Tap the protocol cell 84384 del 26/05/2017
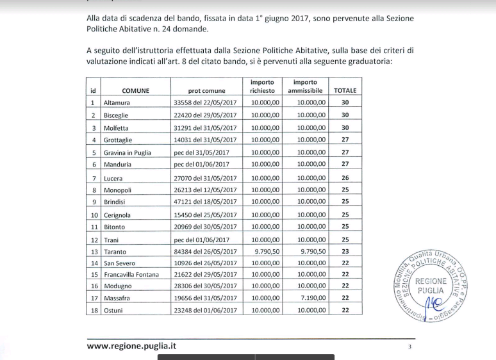(205, 252)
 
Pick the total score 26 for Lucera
(345, 178)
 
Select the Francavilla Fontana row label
(130, 275)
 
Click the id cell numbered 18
(94, 311)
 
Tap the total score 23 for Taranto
(345, 252)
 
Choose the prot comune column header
(206, 91)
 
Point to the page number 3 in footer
(409, 347)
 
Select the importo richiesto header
(261, 86)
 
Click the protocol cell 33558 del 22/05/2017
(205, 102)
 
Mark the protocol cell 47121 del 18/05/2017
(205, 202)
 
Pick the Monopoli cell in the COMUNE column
(117, 190)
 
